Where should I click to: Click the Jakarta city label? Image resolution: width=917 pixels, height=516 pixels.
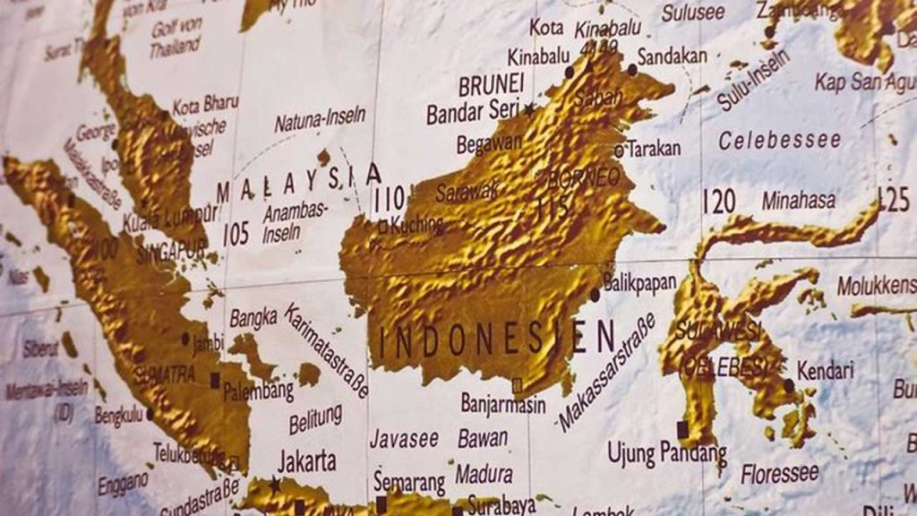307,462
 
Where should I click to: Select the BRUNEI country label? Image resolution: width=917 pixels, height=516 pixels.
491,86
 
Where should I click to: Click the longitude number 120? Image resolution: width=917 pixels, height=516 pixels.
720,202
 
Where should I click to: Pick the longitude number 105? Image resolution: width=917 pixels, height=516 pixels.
236,234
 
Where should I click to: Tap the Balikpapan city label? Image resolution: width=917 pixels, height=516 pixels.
639,283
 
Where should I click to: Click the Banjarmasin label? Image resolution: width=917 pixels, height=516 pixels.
503,404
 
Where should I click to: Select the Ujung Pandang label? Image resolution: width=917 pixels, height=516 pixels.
667,453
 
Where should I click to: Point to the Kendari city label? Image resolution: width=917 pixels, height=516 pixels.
825,370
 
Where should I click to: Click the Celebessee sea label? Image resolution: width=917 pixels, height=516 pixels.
780,141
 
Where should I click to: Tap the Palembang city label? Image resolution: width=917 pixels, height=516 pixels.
259,391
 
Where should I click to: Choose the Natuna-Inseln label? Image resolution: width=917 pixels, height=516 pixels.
320,118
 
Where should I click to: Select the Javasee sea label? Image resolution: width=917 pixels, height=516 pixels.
404,439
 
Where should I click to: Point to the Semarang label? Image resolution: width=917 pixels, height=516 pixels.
409,481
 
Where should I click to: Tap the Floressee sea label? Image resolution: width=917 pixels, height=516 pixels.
778,474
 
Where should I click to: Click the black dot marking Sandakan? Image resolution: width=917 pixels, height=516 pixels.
632,69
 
